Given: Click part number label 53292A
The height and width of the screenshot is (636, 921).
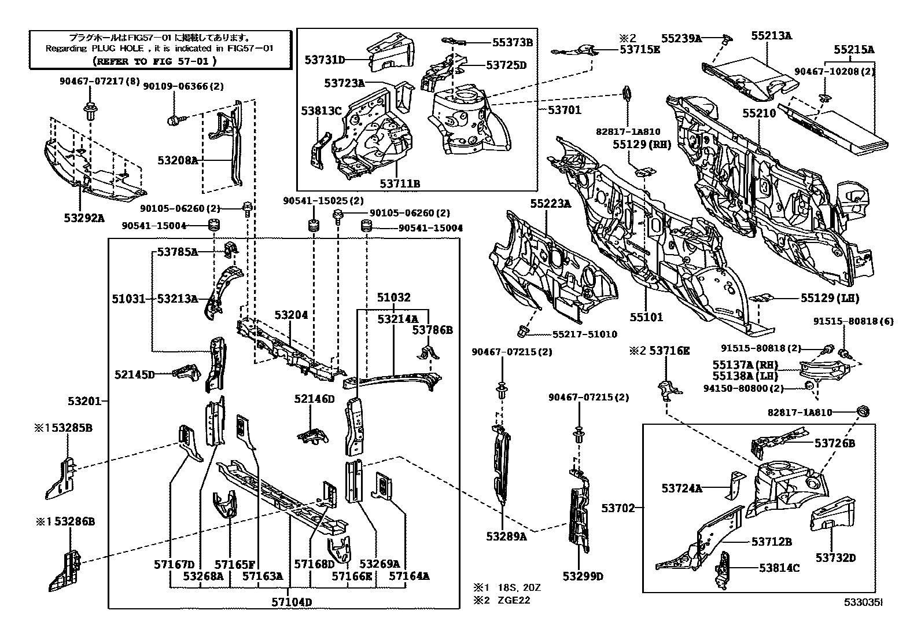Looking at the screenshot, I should coord(84,218).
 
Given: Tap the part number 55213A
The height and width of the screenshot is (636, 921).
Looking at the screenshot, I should coord(771,36).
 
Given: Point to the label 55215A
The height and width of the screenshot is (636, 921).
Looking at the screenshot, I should coord(854,50).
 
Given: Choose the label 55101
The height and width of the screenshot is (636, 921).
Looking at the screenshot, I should coord(646,317).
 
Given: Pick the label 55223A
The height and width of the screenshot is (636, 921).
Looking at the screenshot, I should coord(551,203).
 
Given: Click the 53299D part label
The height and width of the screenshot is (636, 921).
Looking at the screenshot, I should coord(583,576).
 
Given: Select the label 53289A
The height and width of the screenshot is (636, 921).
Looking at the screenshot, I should coord(506,536).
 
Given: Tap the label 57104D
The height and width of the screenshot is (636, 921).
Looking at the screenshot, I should coord(292,602).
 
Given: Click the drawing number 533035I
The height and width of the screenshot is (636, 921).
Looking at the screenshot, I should coord(863,602).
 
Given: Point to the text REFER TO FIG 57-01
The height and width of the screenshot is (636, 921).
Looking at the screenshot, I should coord(154,60).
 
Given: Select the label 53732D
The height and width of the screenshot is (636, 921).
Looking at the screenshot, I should coord(835,558).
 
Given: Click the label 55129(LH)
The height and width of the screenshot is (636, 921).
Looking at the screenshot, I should coord(830,299).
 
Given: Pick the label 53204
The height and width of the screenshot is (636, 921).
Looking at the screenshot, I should coord(291,315).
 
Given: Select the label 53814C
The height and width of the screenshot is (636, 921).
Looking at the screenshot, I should coord(779,568).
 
